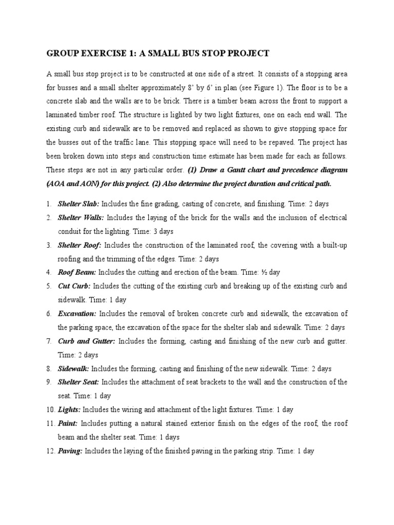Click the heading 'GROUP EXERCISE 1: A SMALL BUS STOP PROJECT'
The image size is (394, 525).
pyautogui.click(x=158, y=54)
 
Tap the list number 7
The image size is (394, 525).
pyautogui.click(x=49, y=341)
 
